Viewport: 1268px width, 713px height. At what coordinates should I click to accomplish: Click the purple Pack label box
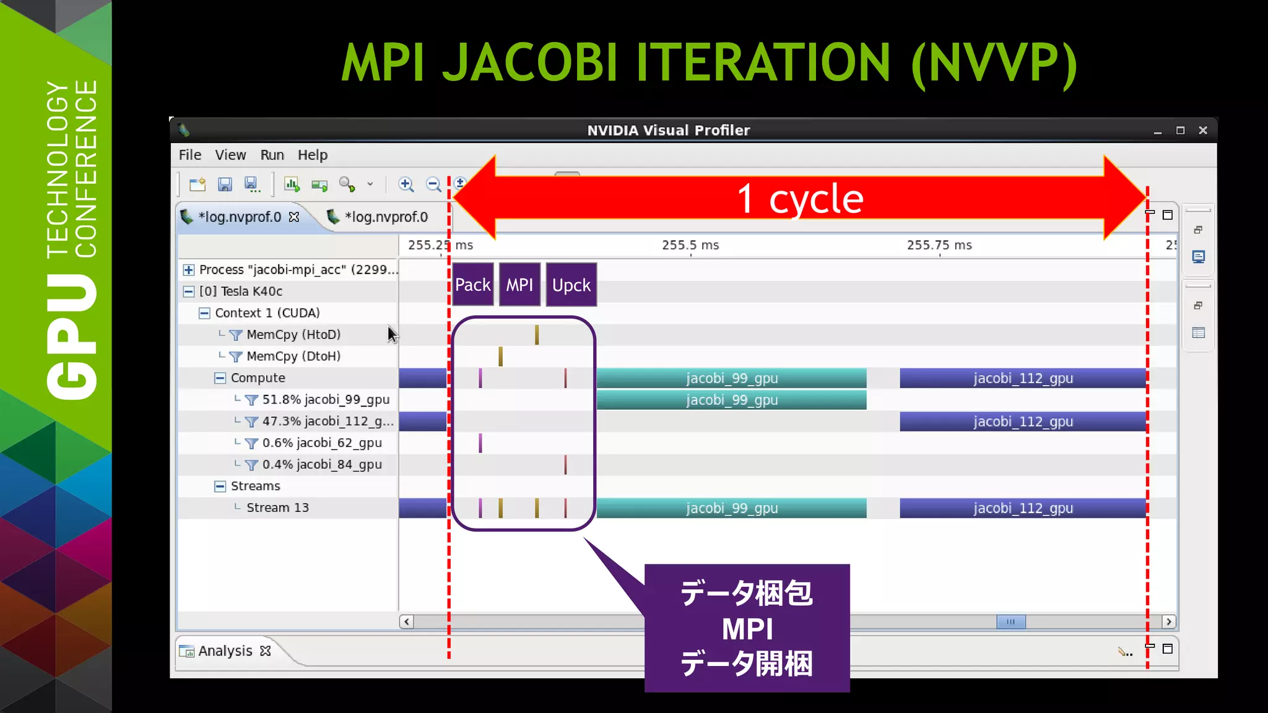(x=472, y=285)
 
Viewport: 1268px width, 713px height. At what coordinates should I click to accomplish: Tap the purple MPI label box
(x=519, y=285)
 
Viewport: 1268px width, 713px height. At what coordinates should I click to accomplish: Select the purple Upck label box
(x=571, y=285)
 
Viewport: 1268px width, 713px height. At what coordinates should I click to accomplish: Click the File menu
(x=190, y=155)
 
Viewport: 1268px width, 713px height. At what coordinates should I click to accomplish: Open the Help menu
(x=312, y=155)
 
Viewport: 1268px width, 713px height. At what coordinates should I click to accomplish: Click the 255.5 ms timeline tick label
(x=690, y=245)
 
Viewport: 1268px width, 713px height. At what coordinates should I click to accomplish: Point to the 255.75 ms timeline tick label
(x=939, y=245)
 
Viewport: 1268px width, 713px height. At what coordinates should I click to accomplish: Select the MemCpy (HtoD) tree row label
(x=293, y=335)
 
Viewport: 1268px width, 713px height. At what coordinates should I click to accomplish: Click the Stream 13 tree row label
(x=277, y=508)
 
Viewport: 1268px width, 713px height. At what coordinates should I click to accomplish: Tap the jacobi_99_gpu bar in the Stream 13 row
(x=731, y=508)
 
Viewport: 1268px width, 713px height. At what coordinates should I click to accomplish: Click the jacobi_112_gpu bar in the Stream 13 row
(x=1023, y=508)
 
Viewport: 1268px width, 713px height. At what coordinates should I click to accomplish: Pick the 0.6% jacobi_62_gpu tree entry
(x=321, y=443)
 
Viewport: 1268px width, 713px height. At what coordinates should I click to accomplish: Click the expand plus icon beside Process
(x=189, y=270)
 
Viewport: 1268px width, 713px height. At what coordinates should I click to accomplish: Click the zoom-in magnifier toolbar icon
(x=406, y=184)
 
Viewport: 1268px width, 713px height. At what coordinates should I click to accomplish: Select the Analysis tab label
(x=225, y=651)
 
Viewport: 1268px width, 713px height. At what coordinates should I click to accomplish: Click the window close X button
(x=1203, y=131)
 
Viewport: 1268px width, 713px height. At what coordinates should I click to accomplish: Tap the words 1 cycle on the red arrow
(x=800, y=199)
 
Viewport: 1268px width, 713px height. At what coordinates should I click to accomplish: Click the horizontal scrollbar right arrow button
(x=1168, y=621)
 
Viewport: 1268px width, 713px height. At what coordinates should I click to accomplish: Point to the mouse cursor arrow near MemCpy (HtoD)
(x=392, y=334)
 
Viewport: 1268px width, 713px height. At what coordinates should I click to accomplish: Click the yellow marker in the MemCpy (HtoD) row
(x=537, y=335)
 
